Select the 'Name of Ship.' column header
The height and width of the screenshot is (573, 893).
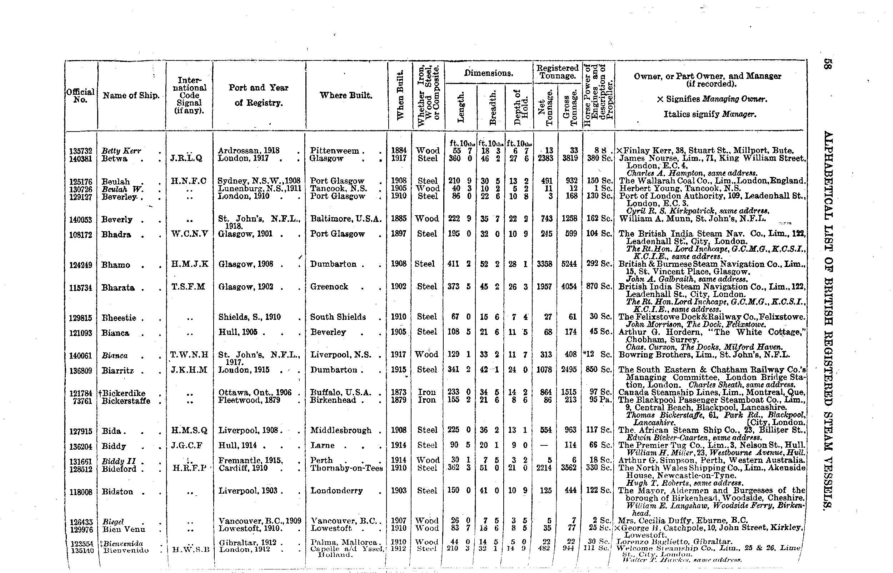point(131,96)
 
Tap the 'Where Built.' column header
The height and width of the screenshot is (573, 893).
point(346,96)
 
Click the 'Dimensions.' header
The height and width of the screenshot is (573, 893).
point(489,73)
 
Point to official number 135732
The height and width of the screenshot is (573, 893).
point(80,151)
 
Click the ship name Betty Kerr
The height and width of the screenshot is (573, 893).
point(121,151)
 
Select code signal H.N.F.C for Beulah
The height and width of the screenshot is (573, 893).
point(189,181)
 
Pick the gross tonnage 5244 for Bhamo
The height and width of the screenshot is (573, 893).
point(569,264)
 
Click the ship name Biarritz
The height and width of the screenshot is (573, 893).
point(118,371)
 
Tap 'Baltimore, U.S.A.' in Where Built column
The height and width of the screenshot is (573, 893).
point(346,219)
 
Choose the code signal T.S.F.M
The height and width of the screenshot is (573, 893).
point(189,287)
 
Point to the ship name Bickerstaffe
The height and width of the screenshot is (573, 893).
point(126,401)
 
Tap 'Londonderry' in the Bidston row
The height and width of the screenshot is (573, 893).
point(336,491)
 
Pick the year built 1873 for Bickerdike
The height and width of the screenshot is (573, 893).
point(399,392)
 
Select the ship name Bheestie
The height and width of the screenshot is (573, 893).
point(119,318)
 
